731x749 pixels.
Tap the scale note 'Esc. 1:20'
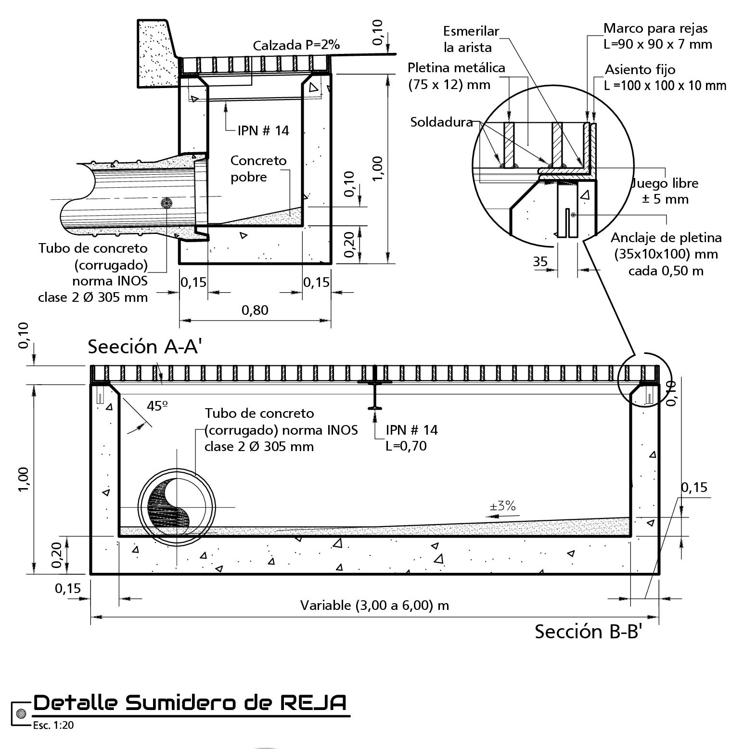(x=53, y=725)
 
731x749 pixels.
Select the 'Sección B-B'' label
(x=589, y=631)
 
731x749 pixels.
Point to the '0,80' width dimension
(x=255, y=310)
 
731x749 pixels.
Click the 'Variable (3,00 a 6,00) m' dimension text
(x=374, y=605)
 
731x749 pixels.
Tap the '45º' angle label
(x=157, y=406)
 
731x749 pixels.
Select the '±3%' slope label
(x=502, y=506)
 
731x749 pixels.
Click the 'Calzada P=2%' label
(x=296, y=45)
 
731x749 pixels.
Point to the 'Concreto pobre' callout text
(x=258, y=168)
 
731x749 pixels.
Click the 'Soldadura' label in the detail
(x=441, y=122)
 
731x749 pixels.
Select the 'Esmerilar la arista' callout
(x=471, y=39)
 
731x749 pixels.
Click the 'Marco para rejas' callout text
(x=655, y=28)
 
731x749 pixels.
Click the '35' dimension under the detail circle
(x=540, y=261)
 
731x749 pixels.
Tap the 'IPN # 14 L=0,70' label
(x=411, y=438)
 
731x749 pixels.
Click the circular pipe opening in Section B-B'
(x=176, y=507)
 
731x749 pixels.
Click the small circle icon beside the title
(x=21, y=713)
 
